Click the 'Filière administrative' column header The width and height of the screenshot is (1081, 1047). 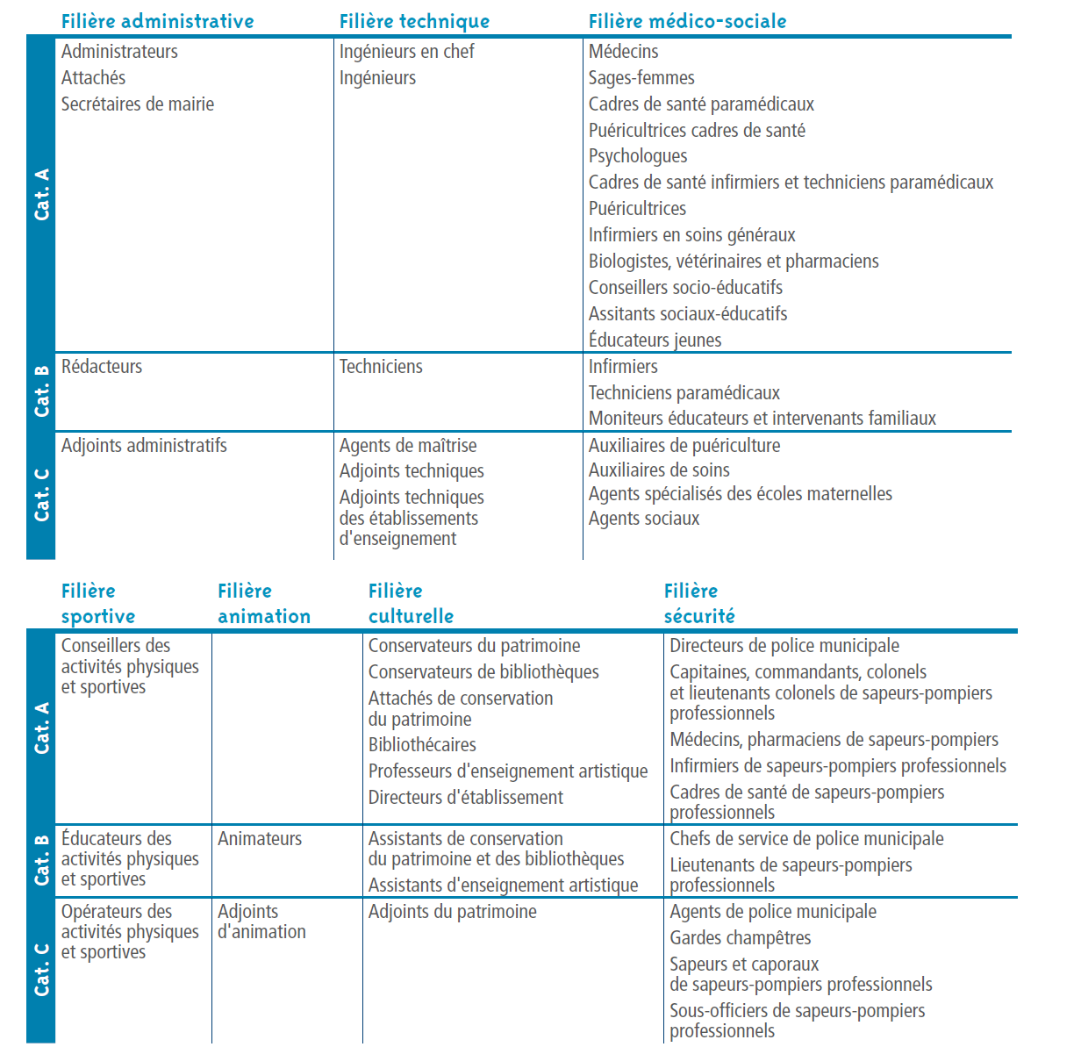[157, 21]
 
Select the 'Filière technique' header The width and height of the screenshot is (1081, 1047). [414, 21]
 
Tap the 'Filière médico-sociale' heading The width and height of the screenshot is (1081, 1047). [687, 21]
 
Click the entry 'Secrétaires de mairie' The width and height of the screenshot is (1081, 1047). [137, 104]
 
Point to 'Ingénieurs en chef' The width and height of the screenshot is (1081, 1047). [406, 52]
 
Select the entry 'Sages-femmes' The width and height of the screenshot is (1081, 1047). [641, 78]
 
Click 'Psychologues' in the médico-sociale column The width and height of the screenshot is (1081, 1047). [637, 156]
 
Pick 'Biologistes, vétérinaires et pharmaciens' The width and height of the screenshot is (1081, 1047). [733, 262]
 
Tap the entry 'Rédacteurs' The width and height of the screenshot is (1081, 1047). [101, 367]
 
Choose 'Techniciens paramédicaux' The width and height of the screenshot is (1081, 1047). [684, 393]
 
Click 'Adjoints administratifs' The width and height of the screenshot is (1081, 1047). [143, 446]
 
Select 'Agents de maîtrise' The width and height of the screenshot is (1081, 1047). [407, 446]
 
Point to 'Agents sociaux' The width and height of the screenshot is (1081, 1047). [643, 519]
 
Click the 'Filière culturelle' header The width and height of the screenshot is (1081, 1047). [411, 604]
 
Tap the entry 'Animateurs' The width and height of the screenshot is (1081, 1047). [259, 839]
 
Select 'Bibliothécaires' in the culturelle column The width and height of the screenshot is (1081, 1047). [421, 745]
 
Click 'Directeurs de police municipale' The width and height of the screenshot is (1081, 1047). [784, 646]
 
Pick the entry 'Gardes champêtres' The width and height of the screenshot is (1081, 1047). [740, 938]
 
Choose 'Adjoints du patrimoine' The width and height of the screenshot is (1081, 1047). [452, 912]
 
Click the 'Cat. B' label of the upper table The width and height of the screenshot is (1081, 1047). [41, 391]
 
